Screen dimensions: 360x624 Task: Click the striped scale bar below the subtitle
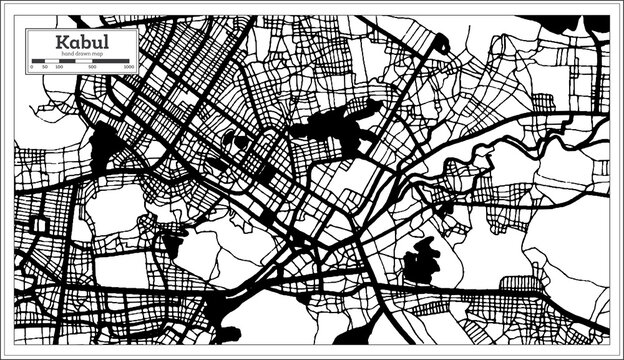pyautogui.click(x=80, y=61)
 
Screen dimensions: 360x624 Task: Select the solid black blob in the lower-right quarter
pyautogui.click(x=420, y=262)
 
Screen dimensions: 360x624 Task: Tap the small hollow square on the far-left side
pyautogui.click(x=40, y=225)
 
